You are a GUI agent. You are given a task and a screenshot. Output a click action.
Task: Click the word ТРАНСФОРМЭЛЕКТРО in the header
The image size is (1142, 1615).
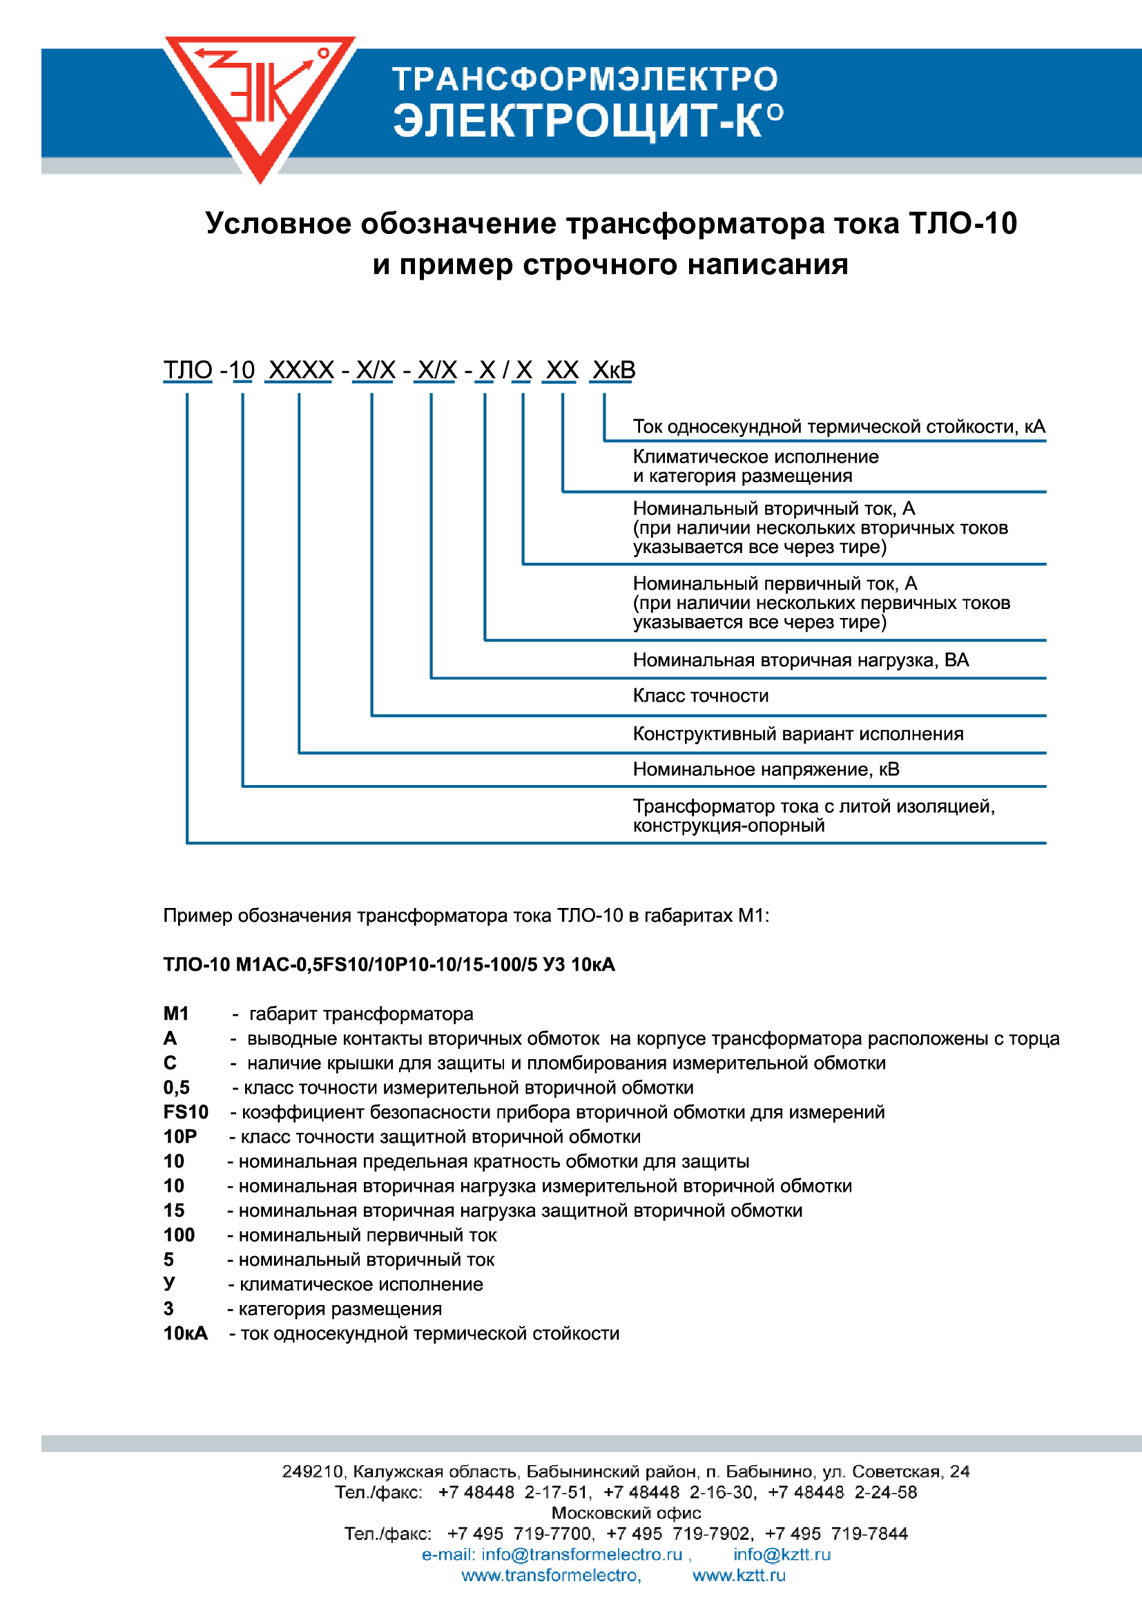[584, 79]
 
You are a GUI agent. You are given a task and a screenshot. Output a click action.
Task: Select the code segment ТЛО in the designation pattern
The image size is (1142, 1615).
[188, 370]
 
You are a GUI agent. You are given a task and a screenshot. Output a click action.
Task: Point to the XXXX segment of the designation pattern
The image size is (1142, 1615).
[301, 370]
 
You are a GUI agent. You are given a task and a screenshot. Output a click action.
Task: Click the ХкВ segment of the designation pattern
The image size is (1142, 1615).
[613, 370]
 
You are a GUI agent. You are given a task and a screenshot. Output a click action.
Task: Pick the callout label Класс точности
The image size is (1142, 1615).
[700, 696]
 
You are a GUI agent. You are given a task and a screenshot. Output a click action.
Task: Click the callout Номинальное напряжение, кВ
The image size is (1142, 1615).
[766, 768]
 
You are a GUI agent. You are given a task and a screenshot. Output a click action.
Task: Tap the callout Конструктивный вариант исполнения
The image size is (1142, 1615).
[797, 734]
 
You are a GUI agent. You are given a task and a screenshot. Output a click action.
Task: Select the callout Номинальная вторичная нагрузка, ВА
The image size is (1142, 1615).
[800, 660]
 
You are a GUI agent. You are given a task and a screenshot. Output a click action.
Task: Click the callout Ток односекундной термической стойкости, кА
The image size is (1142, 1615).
[838, 426]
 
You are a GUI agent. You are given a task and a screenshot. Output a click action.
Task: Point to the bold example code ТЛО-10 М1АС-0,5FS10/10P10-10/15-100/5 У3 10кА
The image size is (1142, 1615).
[389, 965]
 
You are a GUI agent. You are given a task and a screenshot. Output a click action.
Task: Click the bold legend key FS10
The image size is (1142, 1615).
[186, 1112]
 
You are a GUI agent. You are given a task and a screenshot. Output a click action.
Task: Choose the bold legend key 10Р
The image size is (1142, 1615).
[180, 1137]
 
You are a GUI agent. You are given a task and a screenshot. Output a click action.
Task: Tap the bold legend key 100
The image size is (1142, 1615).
[179, 1235]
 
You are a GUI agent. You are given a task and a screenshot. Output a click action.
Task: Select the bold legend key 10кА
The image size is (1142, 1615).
[186, 1334]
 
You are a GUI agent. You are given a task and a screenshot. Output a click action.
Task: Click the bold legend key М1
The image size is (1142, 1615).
[176, 1014]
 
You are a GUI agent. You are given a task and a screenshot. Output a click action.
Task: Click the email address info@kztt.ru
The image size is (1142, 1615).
[782, 1554]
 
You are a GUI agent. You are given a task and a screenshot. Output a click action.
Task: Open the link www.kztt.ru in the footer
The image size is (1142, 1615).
[738, 1575]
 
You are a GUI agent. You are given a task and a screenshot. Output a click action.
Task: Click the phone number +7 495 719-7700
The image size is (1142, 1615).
[519, 1534]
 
